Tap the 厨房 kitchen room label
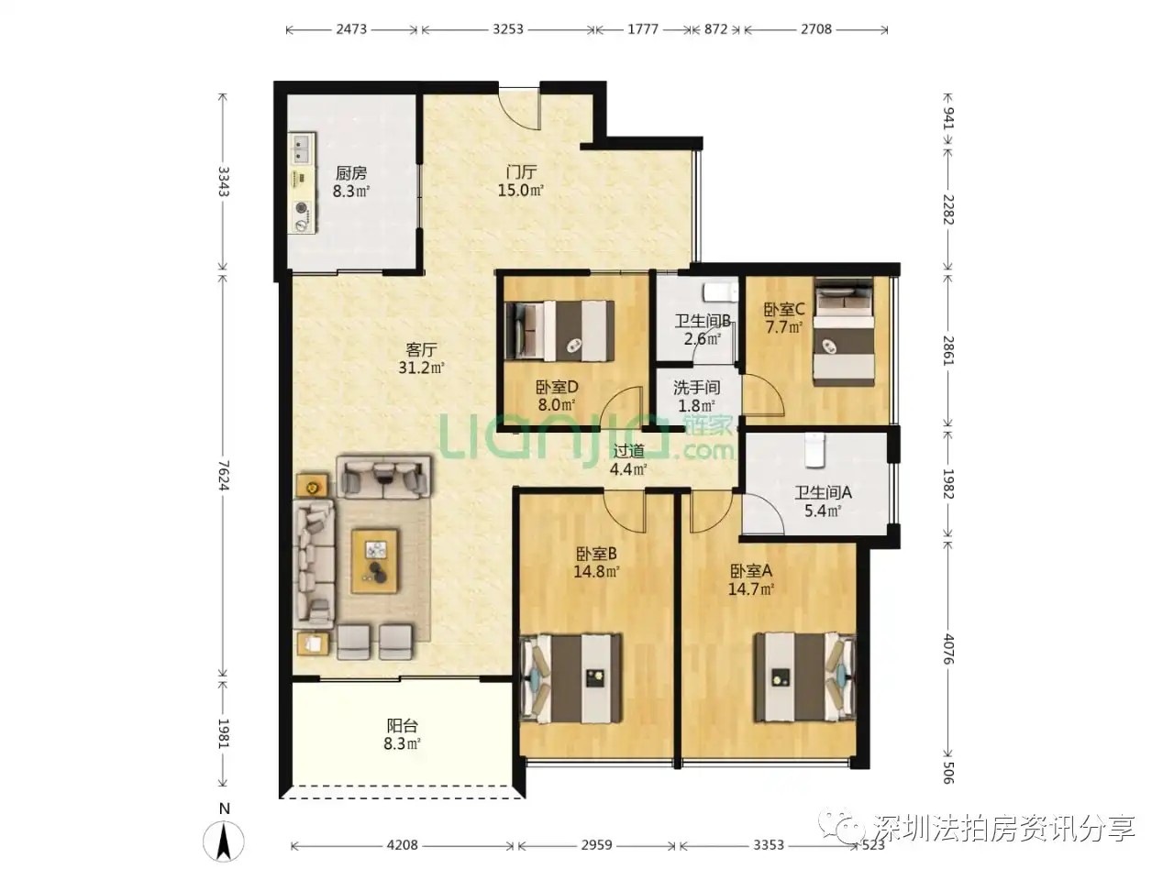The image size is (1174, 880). point(351,173)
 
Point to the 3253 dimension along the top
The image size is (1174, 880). point(507,28)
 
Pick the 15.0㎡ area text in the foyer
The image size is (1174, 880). point(521,190)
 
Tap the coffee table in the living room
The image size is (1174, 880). point(374,561)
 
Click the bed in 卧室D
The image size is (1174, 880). point(559,331)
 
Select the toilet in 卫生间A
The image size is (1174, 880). point(814,450)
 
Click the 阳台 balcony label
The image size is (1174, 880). point(402,725)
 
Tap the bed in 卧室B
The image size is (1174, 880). point(572,678)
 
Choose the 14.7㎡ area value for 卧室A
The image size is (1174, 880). point(751,588)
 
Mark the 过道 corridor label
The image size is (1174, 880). point(628,452)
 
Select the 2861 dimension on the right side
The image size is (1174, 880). point(948,350)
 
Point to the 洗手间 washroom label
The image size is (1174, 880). point(696,388)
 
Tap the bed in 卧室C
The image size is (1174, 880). point(843,331)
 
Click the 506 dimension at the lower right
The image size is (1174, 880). point(947,773)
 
